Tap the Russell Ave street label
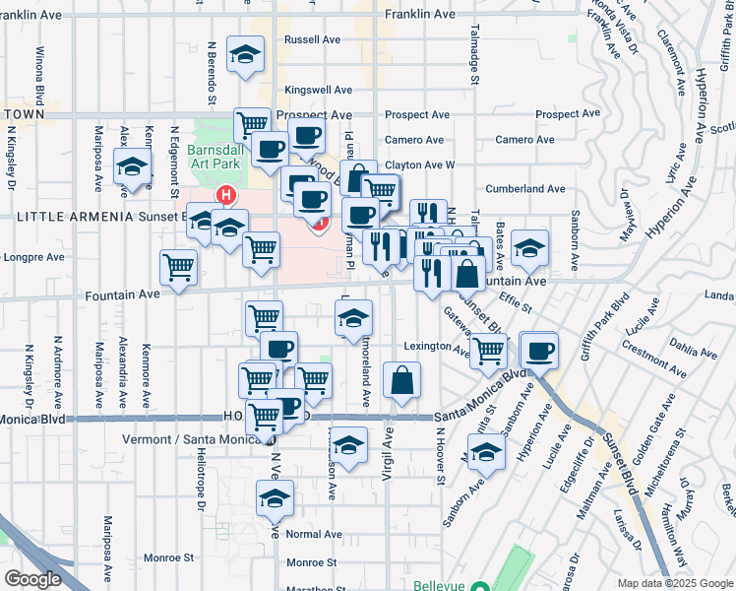[x=311, y=40]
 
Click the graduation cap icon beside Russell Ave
[x=245, y=54]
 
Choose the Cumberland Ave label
[x=525, y=188]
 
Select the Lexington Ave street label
[x=436, y=347]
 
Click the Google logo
[x=33, y=579]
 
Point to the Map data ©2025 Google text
[x=675, y=583]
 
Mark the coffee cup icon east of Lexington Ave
[x=538, y=350]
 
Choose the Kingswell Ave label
[x=318, y=90]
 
